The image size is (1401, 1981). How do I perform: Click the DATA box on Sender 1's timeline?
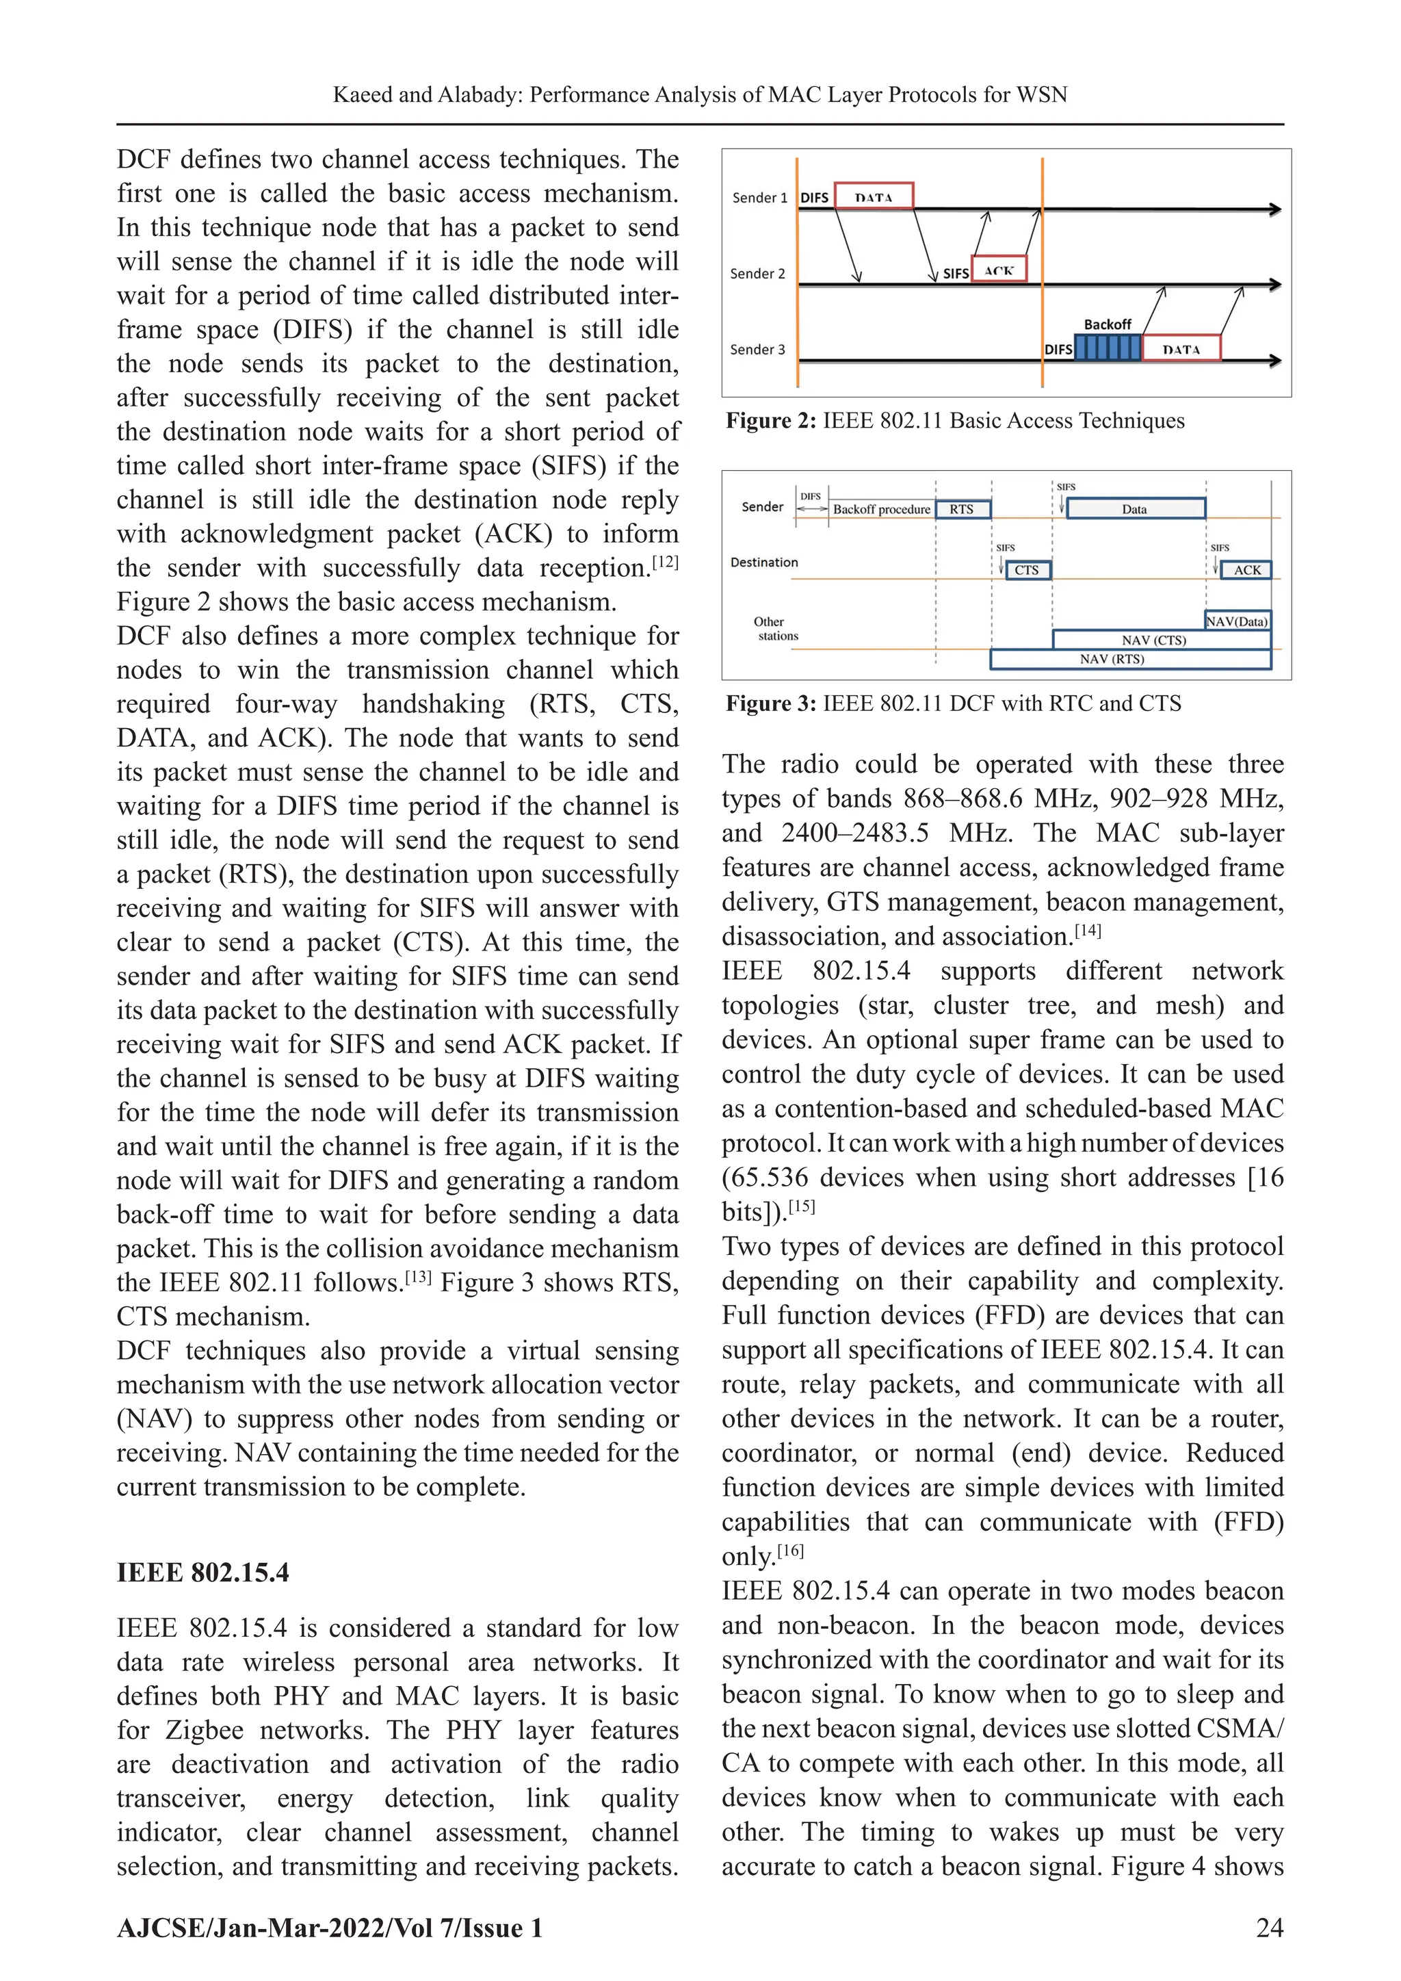click(873, 196)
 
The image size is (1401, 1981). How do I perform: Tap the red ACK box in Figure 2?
click(999, 269)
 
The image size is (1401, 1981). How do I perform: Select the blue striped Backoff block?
click(1108, 348)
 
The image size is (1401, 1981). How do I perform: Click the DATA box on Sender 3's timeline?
click(1181, 348)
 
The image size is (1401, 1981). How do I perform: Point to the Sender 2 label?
click(757, 274)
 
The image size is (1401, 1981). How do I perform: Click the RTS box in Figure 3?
click(962, 509)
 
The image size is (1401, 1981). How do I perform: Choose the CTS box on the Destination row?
click(1027, 569)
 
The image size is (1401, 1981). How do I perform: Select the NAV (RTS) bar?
click(1113, 659)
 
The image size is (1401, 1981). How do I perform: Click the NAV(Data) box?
click(1237, 621)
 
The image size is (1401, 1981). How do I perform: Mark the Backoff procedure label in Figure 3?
click(882, 509)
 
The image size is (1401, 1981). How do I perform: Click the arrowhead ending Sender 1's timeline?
click(1275, 209)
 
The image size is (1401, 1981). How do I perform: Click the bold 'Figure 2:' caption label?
click(770, 421)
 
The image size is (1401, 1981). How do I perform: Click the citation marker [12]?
click(665, 562)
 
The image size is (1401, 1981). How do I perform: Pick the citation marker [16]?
click(790, 1551)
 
